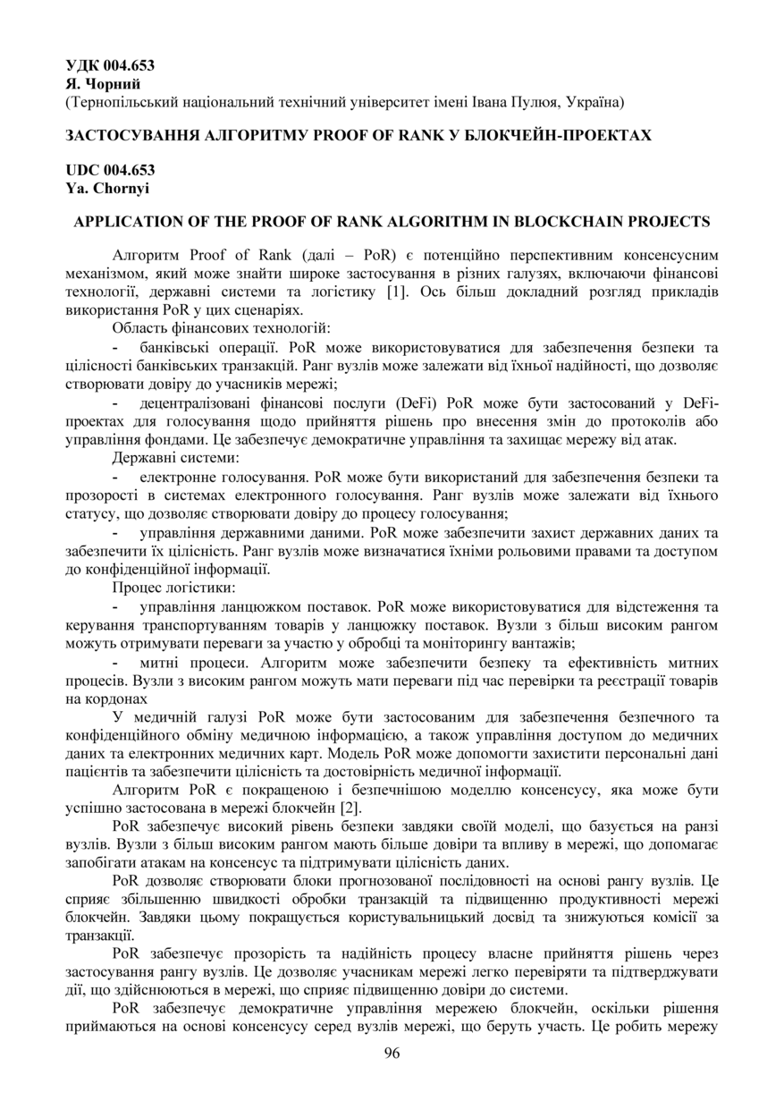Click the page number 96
pyautogui.click(x=392, y=1052)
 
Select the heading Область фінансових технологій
pyautogui.click(x=223, y=328)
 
